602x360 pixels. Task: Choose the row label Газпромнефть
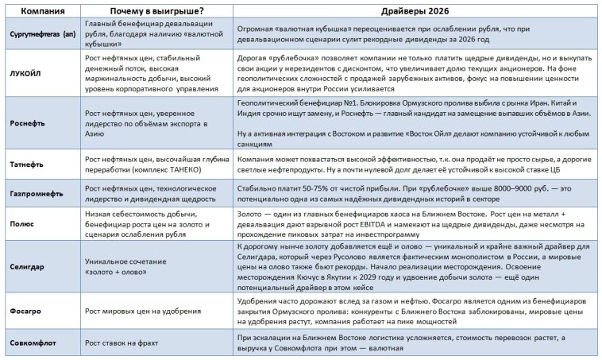pos(37,192)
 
